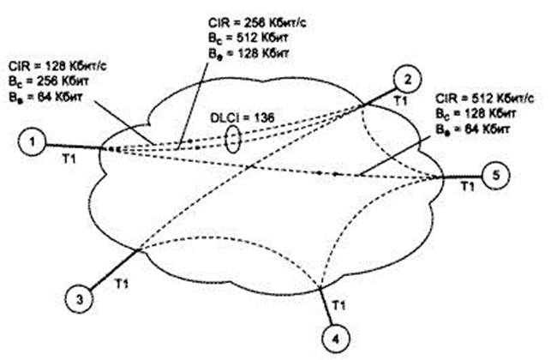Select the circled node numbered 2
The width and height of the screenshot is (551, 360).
pos(408,80)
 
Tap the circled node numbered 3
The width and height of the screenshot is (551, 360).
pos(78,299)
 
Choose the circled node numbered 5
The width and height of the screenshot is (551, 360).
pos(494,176)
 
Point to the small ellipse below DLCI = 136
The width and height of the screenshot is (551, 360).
pos(231,142)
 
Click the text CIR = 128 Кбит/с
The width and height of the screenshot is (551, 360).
pos(58,65)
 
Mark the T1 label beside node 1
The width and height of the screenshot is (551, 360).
pos(70,159)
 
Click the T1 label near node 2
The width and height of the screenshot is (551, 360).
pos(399,101)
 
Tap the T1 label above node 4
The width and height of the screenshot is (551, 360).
pos(338,303)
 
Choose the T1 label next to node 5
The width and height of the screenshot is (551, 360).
pos(466,186)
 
